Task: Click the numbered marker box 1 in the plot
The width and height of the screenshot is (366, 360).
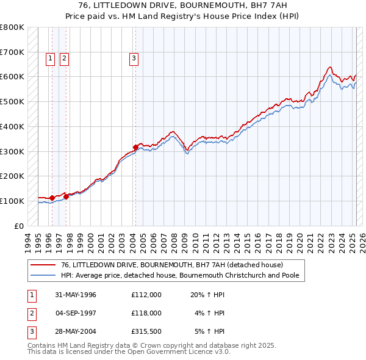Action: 50,59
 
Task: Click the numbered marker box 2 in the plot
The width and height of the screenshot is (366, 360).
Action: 63,59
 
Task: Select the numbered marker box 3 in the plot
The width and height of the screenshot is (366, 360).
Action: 133,59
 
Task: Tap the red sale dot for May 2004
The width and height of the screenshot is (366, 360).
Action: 135,147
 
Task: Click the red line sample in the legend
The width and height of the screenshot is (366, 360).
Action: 43,265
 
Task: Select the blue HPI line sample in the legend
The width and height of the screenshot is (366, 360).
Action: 43,275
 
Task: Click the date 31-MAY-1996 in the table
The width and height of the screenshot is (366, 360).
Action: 76,295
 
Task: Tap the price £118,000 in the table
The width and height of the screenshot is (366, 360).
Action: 146,313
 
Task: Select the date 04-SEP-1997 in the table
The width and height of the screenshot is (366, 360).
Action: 76,313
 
